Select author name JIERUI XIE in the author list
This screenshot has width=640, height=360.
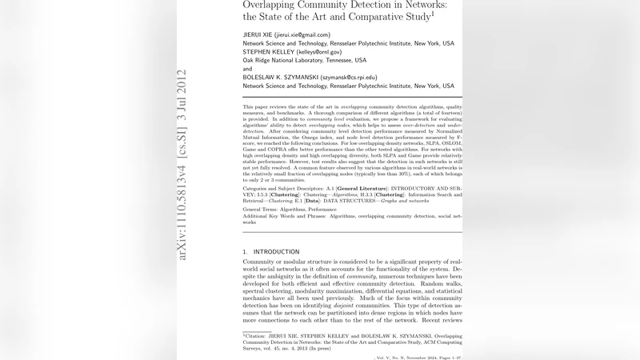click(x=257, y=35)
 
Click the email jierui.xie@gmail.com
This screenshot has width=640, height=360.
click(x=302, y=35)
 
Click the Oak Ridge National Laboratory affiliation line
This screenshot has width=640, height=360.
click(x=304, y=60)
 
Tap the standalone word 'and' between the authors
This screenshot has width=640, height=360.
click(x=247, y=69)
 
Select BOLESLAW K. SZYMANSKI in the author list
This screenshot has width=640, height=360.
click(x=280, y=78)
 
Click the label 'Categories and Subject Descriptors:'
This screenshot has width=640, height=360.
click(x=284, y=189)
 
